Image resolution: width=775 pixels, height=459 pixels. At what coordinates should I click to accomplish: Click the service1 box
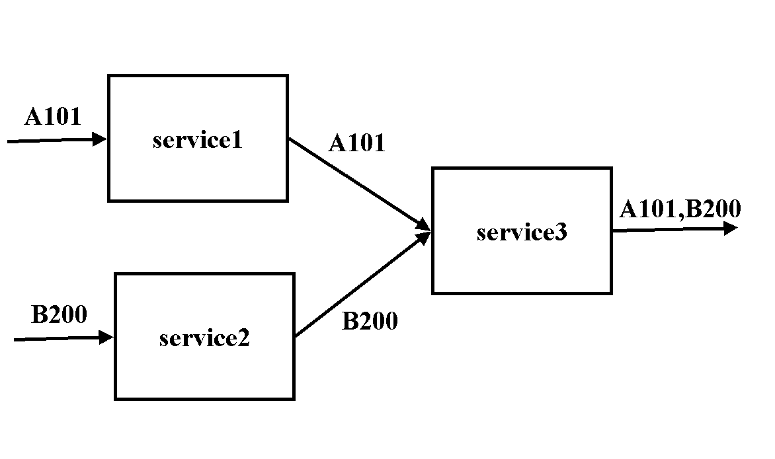(x=198, y=165)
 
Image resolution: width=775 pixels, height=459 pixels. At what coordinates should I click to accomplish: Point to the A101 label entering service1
(x=52, y=117)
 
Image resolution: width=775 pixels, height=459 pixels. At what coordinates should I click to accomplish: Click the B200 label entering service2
(x=59, y=315)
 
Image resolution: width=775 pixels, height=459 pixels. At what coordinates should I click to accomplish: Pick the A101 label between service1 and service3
(x=356, y=143)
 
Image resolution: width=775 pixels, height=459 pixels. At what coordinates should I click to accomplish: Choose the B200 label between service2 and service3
(x=370, y=322)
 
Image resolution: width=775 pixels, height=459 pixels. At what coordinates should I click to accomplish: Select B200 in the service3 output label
(x=714, y=209)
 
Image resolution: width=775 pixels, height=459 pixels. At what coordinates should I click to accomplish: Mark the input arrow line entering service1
(x=53, y=141)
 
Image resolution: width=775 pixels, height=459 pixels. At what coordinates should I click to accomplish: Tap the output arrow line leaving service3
(x=668, y=230)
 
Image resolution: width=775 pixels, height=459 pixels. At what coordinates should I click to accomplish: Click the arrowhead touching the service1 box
(x=100, y=139)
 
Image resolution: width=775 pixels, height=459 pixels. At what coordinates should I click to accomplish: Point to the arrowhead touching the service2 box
(x=106, y=337)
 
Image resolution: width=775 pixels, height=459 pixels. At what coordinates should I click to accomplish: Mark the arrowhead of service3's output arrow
(x=731, y=229)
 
